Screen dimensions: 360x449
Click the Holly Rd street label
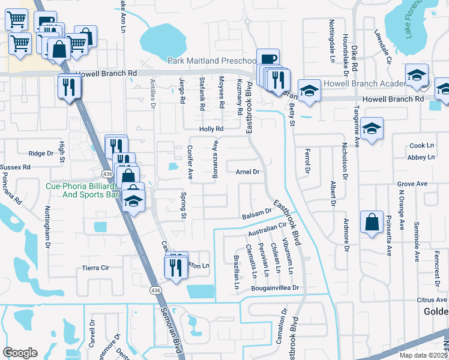[x=211, y=129]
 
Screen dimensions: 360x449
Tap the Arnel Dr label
[x=247, y=172]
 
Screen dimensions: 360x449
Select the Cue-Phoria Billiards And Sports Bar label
[x=82, y=190]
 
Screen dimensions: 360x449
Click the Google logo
[x=20, y=353]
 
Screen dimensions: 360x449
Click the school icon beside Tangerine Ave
[x=372, y=128]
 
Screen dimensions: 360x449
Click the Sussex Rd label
[x=14, y=167]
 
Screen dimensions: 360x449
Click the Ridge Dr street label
[x=41, y=154]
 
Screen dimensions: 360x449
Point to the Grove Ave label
[x=412, y=184]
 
